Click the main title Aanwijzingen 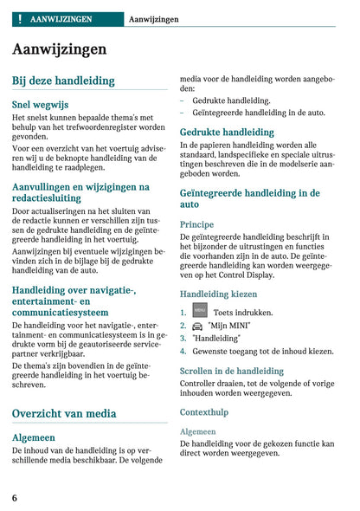coord(60,49)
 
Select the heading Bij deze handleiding coord(63,81)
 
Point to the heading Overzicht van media coord(64,414)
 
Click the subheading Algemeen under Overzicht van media coord(34,437)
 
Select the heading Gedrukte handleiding coord(227,133)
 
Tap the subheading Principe coord(196,223)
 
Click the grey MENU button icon coord(200,311)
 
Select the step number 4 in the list coord(183,352)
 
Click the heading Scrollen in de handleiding coord(232,371)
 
